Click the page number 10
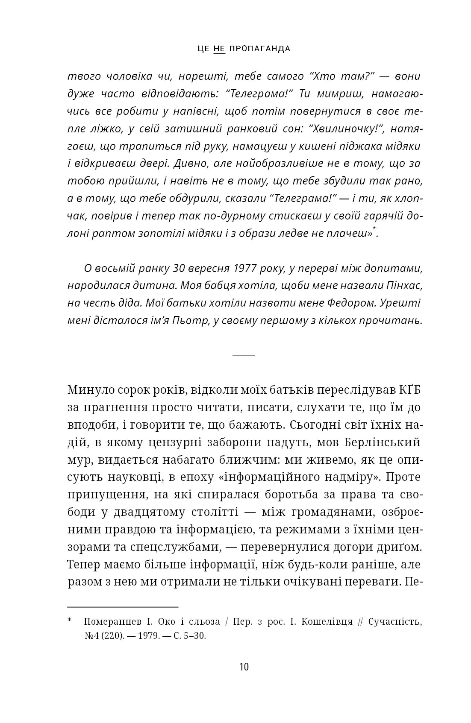(x=244, y=667)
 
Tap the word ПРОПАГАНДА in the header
(x=260, y=49)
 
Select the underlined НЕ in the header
(x=219, y=49)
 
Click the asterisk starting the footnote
(x=71, y=621)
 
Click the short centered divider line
(x=244, y=355)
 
